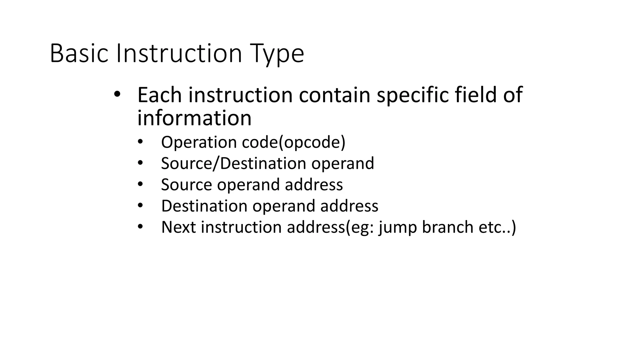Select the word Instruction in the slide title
pyautogui.click(x=179, y=54)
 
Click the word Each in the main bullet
pyautogui.click(x=159, y=95)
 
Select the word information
pyautogui.click(x=194, y=118)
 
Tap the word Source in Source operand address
pyautogui.click(x=187, y=185)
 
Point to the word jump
pyautogui.click(x=398, y=227)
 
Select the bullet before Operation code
pyautogui.click(x=140, y=142)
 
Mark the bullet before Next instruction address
pyautogui.click(x=140, y=227)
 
